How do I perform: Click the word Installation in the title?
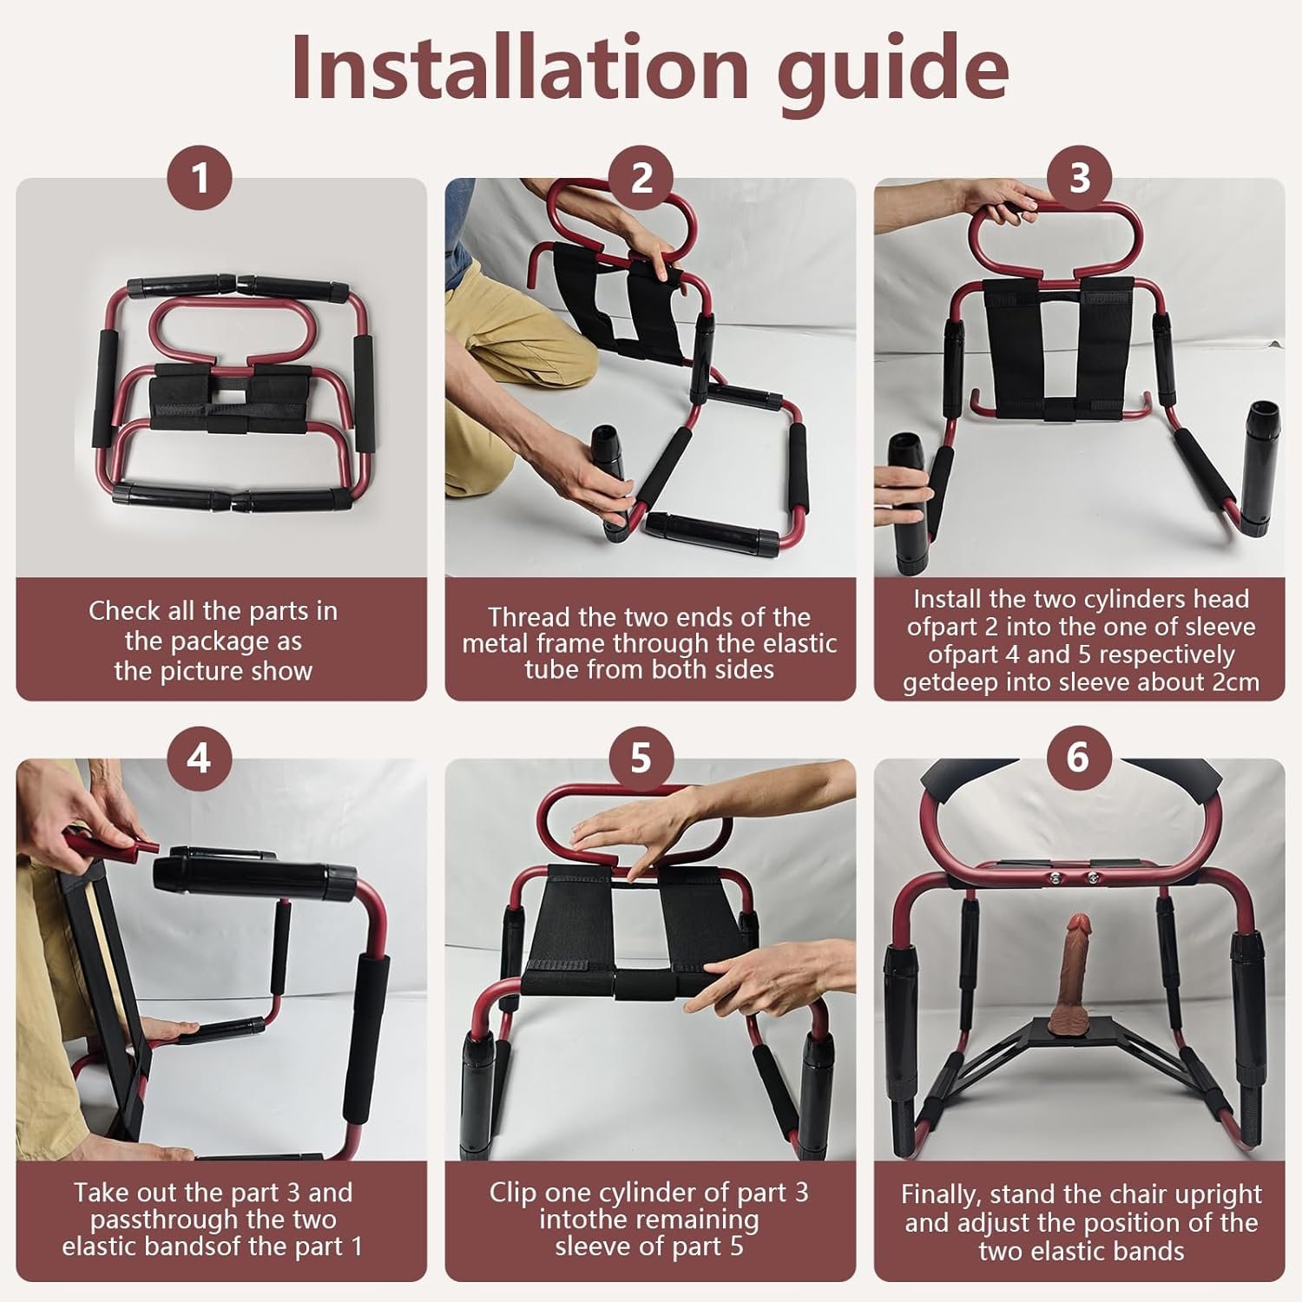(519, 68)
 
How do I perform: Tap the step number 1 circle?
(200, 178)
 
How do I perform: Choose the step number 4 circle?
(199, 758)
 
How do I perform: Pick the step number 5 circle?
(640, 758)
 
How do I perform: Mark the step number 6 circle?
(1077, 757)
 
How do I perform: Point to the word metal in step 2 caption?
(498, 643)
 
